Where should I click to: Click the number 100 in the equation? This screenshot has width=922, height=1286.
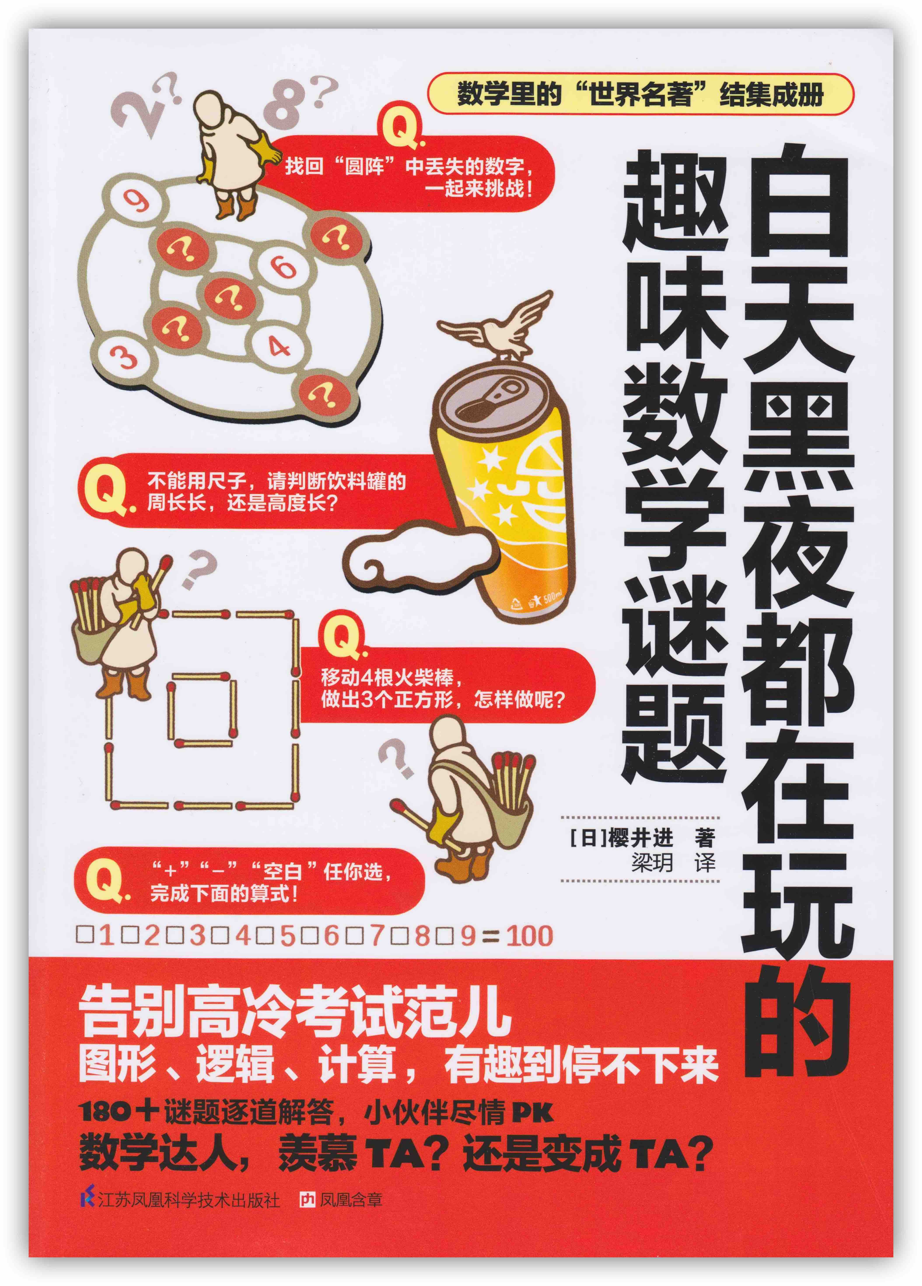coord(528,936)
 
